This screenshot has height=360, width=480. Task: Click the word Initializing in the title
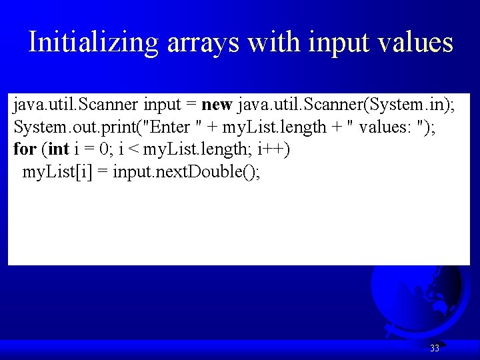(94, 43)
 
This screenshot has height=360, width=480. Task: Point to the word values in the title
(415, 43)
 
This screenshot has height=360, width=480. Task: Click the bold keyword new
(216, 105)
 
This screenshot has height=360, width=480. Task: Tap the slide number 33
(434, 348)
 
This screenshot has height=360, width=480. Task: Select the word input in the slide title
(339, 43)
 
